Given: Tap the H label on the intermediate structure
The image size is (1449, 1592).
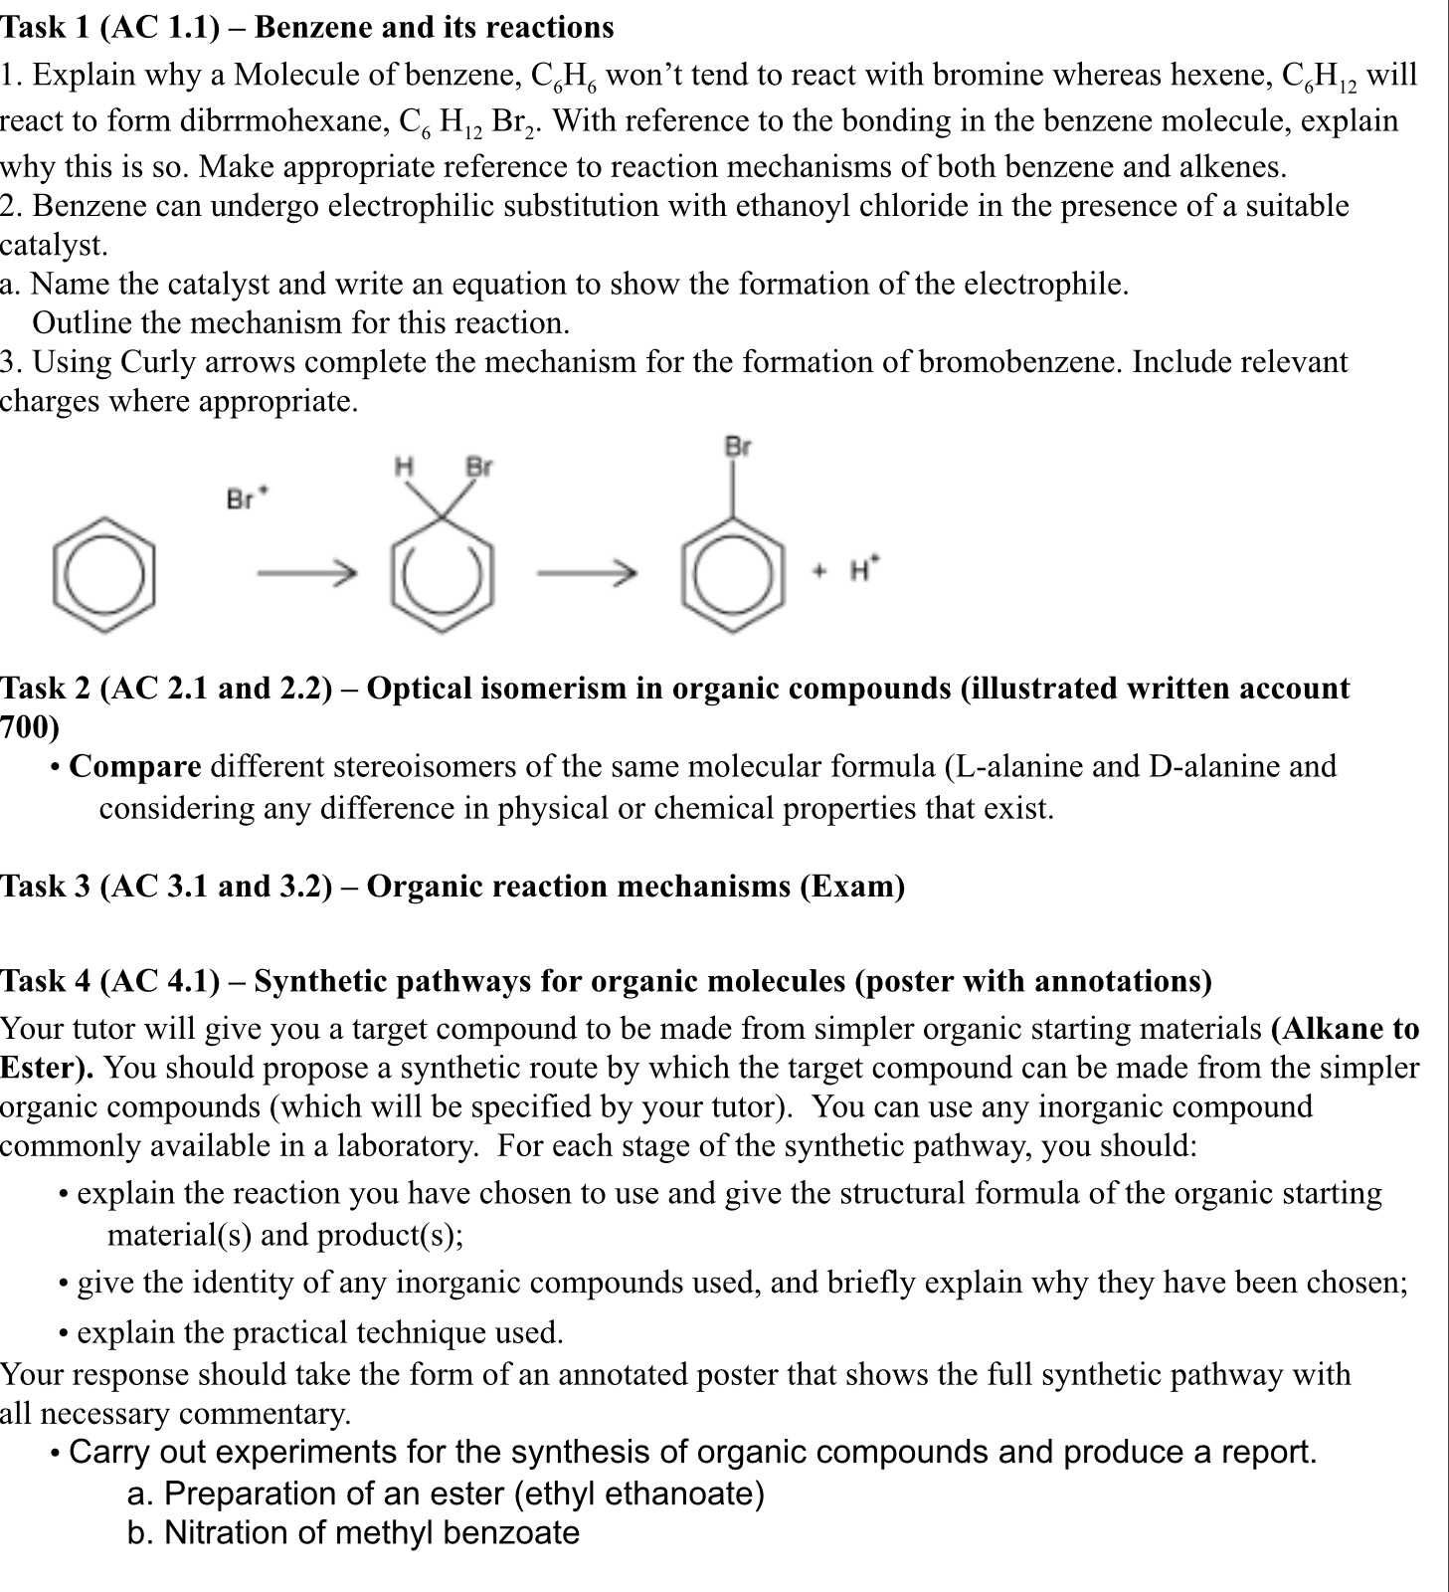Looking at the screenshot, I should [403, 466].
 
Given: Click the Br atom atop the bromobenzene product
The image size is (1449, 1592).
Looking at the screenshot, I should [737, 447].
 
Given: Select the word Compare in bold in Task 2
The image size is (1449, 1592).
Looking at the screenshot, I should [135, 767].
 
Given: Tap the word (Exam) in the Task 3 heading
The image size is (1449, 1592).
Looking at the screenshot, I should [852, 886].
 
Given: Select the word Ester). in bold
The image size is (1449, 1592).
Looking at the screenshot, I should [47, 1068].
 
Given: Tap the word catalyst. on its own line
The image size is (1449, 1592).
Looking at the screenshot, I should [53, 245].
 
